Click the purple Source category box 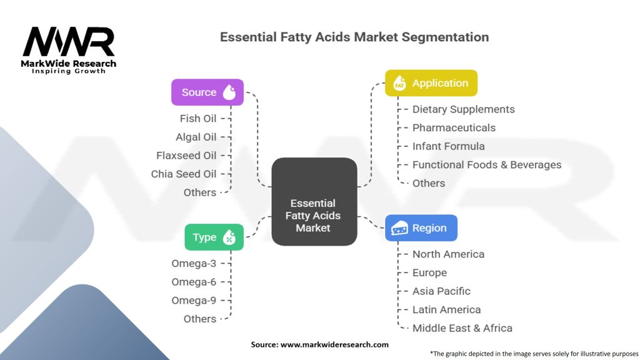(207, 92)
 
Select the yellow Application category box (431, 83)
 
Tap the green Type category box (214, 237)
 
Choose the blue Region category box (421, 228)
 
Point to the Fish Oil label (198, 118)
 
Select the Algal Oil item (196, 137)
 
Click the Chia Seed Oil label (184, 174)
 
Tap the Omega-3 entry (194, 264)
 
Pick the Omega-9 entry (194, 301)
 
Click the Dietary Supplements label (463, 109)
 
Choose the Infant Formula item (448, 146)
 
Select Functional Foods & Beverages (486, 165)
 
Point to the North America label (448, 254)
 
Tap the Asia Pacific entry (441, 291)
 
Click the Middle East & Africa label (462, 328)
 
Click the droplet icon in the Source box (230, 92)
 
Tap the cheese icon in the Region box (399, 229)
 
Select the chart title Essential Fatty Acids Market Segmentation (354, 37)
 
